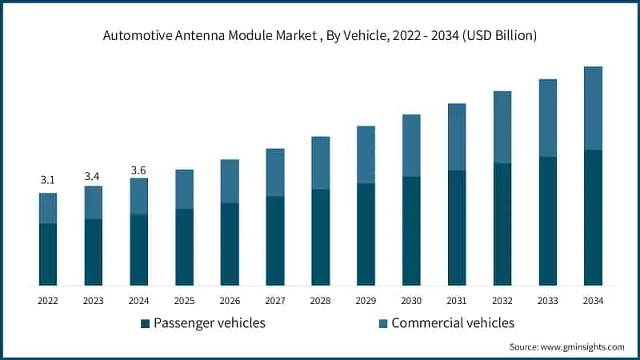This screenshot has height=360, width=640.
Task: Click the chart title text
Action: tap(320, 36)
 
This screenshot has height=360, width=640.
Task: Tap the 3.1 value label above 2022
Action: tap(48, 181)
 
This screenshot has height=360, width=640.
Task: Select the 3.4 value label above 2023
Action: tap(94, 174)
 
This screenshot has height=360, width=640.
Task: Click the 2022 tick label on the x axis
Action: tap(48, 300)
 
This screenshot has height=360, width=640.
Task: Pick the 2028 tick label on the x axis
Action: tap(320, 300)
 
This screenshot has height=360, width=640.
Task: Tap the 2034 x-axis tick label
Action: tap(593, 300)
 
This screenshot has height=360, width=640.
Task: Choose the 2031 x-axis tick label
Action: tap(457, 300)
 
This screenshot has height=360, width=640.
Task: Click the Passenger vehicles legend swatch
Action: tap(145, 323)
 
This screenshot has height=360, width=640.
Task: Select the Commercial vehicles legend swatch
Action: tap(383, 323)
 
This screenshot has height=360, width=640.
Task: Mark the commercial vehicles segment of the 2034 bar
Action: tap(593, 108)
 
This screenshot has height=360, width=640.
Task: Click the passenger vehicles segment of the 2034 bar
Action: tap(593, 217)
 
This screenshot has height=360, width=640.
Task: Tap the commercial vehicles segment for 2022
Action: tap(48, 208)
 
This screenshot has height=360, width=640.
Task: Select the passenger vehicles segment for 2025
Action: tap(185, 246)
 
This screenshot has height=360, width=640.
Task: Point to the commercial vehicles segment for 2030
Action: tap(411, 146)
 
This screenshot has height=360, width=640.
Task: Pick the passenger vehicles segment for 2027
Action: tap(275, 240)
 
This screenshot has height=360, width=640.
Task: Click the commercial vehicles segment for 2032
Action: tap(502, 127)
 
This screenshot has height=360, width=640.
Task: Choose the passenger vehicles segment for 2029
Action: tap(366, 234)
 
